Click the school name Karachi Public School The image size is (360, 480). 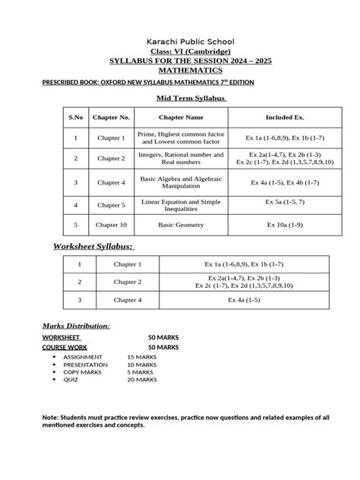[179, 41]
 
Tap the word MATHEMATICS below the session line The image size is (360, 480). [179, 69]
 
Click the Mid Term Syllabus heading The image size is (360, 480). [181, 98]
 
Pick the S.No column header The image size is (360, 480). [75, 118]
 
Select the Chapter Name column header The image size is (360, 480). [181, 118]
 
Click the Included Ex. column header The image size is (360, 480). [284, 118]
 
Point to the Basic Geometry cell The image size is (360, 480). [181, 226]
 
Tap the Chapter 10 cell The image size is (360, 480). [111, 226]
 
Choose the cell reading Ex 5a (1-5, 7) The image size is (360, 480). [284, 201]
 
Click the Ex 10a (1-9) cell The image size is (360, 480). [284, 226]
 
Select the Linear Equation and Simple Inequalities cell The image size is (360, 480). [181, 204]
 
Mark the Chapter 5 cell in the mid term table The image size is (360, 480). [111, 205]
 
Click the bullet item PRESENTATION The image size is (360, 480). [85, 364]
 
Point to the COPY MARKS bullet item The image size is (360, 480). [84, 371]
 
